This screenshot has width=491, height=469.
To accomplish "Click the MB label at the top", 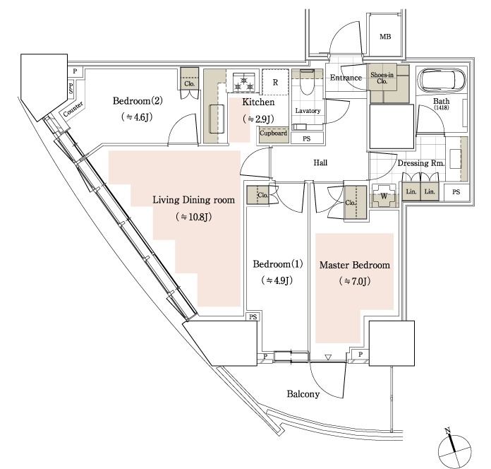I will click(x=385, y=37).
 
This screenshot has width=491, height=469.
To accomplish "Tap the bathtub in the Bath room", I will click(x=440, y=81).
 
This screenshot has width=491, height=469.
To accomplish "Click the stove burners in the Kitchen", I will click(x=246, y=83).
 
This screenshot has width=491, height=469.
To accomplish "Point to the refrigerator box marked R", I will click(x=275, y=83).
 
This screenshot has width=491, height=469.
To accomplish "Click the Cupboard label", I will click(x=273, y=133).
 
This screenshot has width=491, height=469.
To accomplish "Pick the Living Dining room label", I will click(x=193, y=200).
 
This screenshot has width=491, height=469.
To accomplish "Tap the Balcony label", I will click(x=303, y=393).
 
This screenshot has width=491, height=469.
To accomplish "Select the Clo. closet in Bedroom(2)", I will click(x=189, y=80).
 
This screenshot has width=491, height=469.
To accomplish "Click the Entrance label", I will click(x=346, y=77).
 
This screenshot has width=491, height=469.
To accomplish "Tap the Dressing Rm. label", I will click(x=420, y=164).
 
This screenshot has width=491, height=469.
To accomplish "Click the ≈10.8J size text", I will click(x=193, y=217).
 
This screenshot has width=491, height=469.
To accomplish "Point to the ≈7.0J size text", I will click(x=355, y=281).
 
